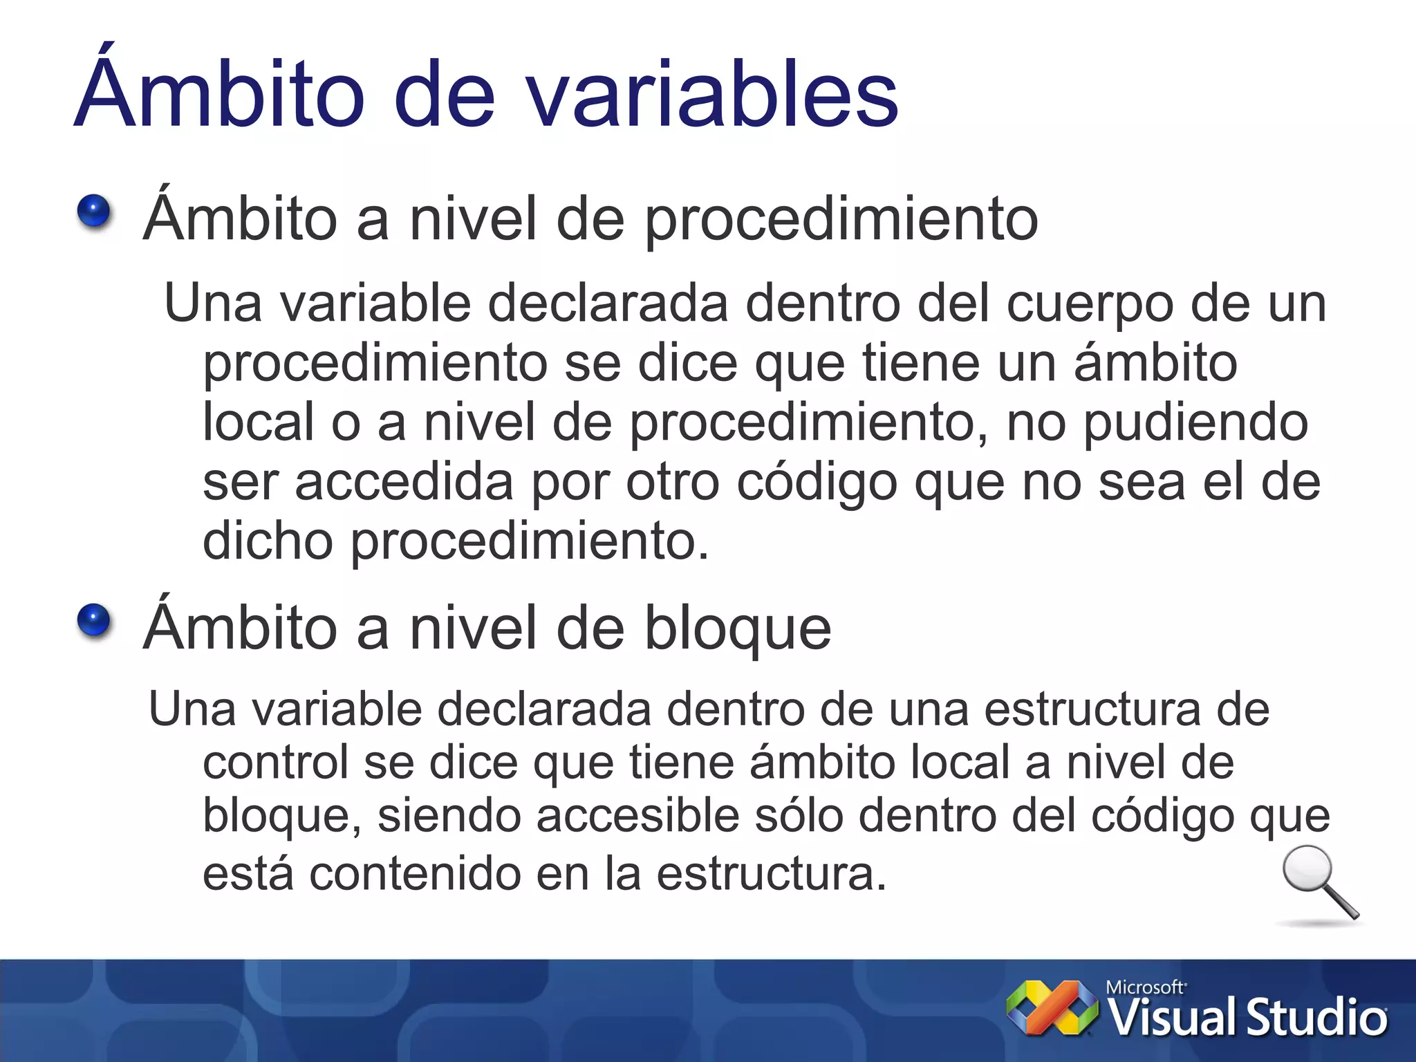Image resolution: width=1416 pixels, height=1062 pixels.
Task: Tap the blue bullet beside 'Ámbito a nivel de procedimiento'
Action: click(94, 212)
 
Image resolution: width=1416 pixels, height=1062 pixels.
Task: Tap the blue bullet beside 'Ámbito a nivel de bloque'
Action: click(94, 620)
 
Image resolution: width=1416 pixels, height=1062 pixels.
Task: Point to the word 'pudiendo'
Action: click(1195, 423)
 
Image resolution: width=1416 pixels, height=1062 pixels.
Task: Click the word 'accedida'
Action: click(404, 483)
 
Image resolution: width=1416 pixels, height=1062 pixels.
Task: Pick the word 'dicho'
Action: click(268, 541)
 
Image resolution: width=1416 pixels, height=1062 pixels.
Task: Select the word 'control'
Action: click(275, 763)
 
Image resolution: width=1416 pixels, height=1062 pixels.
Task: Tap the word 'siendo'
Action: click(449, 816)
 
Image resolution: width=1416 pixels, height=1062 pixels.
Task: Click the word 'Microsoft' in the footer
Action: click(1145, 987)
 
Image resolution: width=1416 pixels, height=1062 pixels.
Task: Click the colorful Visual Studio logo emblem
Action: click(1052, 1007)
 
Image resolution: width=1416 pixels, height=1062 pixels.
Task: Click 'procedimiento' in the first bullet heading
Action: click(841, 221)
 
